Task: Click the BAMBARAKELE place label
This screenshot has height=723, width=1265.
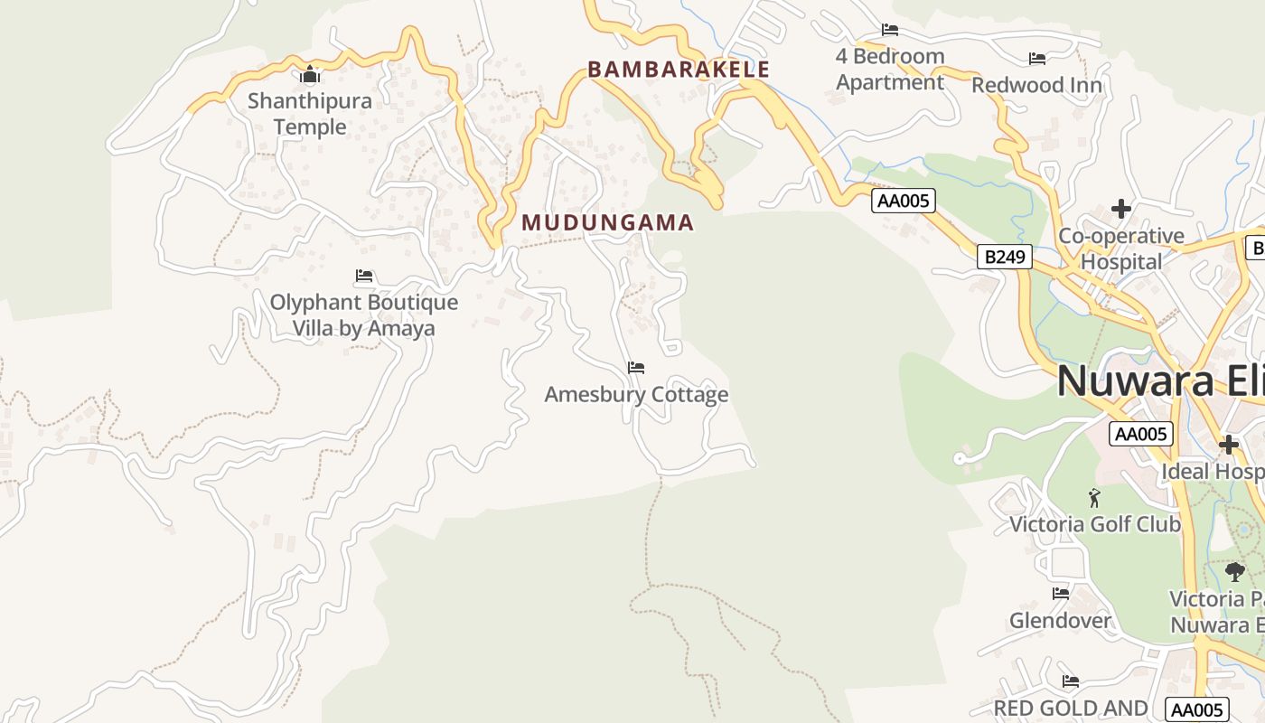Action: click(679, 70)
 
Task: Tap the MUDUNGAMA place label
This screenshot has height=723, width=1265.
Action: click(607, 222)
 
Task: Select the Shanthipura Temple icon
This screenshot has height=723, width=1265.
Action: click(310, 75)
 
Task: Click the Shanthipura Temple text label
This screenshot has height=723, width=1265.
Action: click(310, 113)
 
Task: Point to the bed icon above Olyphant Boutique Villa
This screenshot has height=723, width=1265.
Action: click(364, 276)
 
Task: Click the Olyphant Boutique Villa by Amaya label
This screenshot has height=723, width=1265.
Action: click(364, 315)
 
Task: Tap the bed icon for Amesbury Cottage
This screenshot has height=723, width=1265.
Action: click(636, 368)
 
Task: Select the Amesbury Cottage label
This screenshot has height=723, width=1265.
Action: click(636, 395)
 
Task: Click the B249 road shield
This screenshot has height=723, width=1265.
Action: click(1004, 257)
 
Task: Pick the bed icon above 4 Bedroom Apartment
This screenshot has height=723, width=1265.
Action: click(890, 30)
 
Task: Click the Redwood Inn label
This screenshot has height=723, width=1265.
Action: click(1036, 86)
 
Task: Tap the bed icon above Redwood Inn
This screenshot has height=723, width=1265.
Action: click(1037, 59)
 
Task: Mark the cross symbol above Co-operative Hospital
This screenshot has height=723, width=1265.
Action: click(1121, 209)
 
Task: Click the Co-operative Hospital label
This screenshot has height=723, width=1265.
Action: click(1121, 249)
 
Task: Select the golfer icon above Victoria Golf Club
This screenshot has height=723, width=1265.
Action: click(1094, 498)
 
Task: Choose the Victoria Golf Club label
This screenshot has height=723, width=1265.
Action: click(1094, 524)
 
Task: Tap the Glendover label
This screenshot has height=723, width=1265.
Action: click(1060, 621)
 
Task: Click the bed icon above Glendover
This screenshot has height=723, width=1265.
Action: click(1061, 594)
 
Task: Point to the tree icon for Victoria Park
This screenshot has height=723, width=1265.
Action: click(1234, 571)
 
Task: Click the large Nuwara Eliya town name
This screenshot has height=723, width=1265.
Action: click(1160, 380)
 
